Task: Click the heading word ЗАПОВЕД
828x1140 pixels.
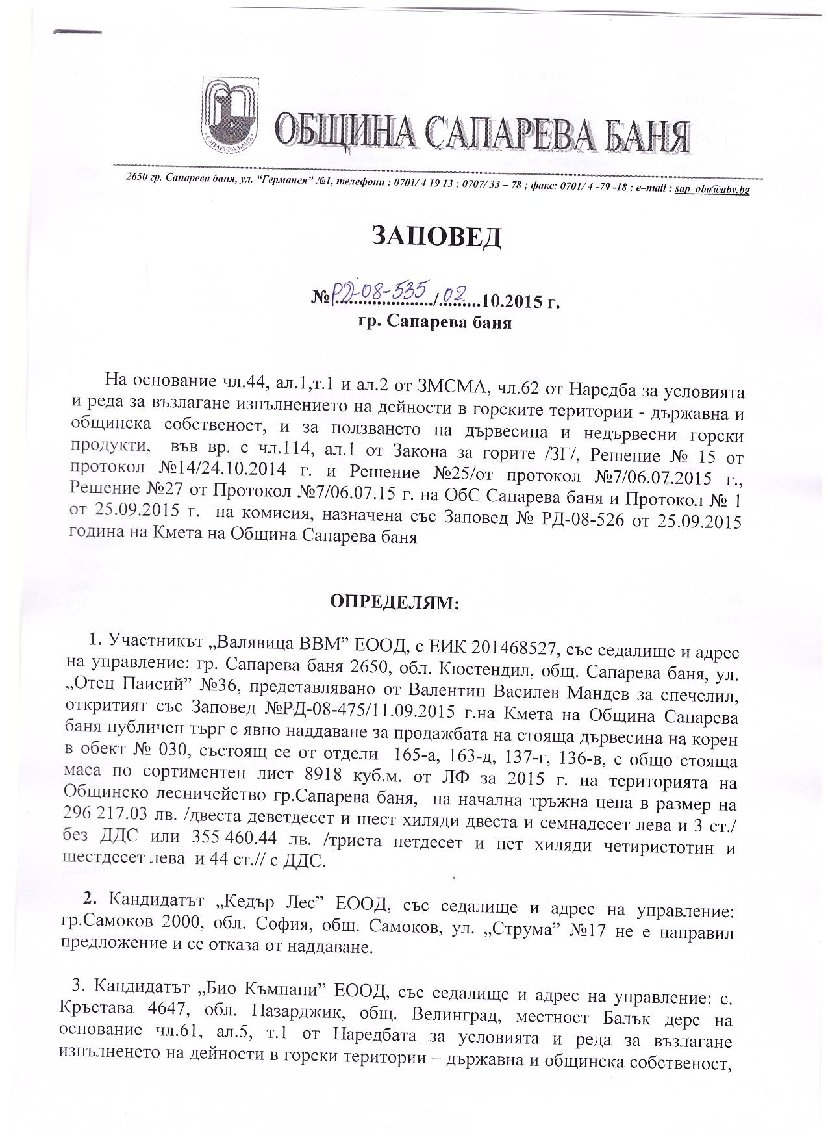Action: [x=436, y=237]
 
